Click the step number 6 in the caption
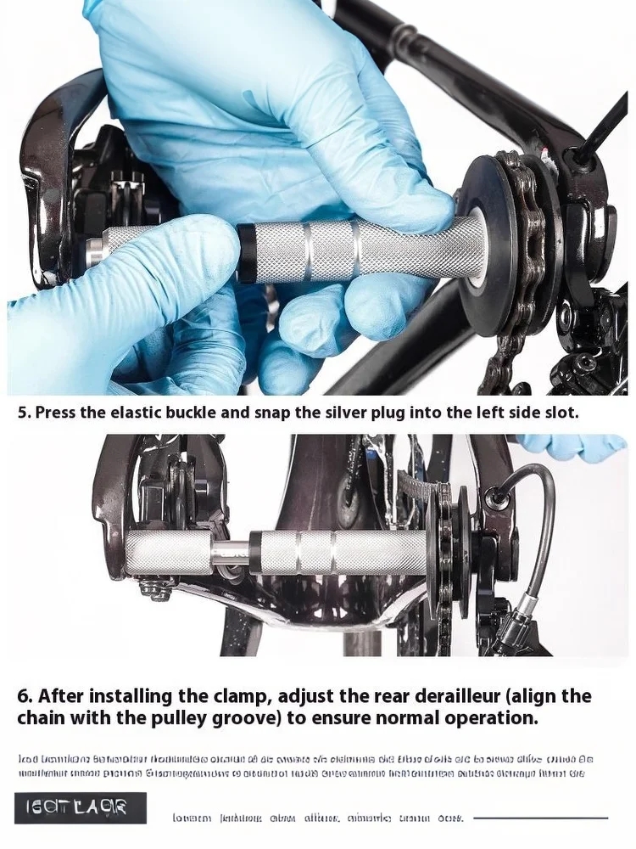coord(24,697)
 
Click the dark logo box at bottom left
coord(81,808)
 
